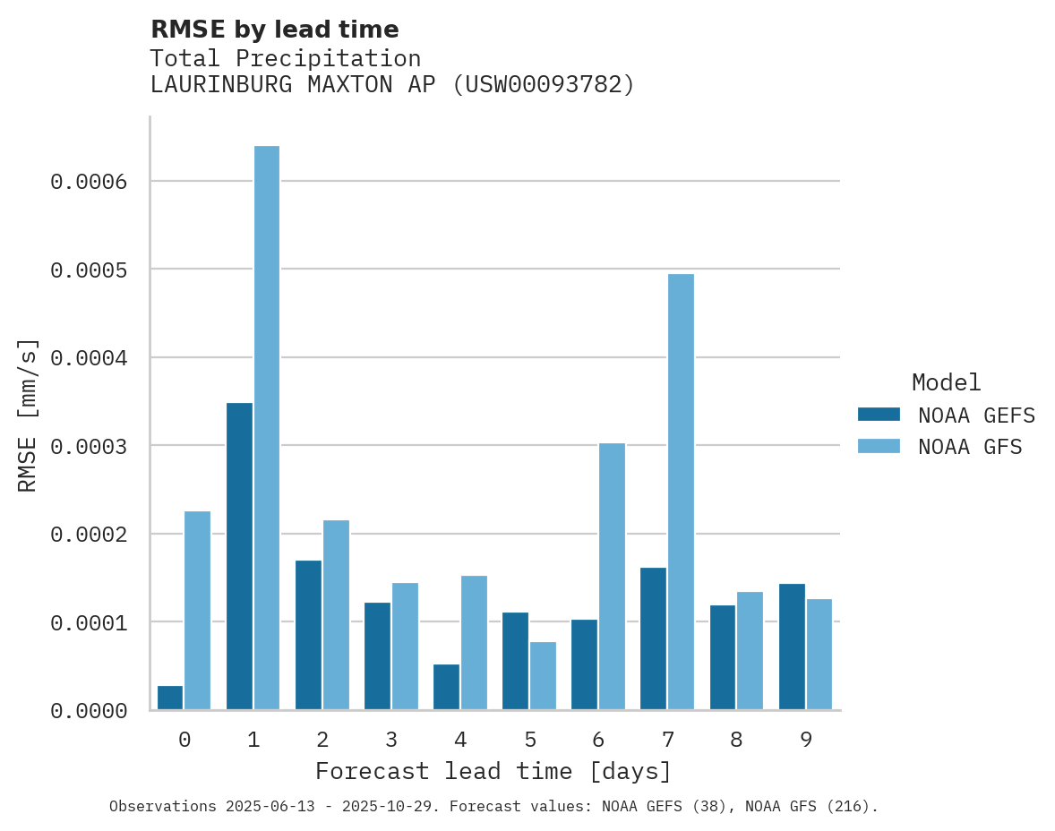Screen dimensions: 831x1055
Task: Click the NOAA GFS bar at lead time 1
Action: point(267,427)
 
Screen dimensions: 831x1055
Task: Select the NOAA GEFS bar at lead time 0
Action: point(170,698)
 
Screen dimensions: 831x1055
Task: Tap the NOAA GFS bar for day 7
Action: point(681,492)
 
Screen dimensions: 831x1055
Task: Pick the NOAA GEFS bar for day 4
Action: point(446,687)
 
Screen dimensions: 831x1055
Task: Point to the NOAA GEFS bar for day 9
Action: point(792,647)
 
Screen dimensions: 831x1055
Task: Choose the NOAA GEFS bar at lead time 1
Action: point(239,556)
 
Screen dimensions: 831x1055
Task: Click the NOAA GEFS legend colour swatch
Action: point(879,415)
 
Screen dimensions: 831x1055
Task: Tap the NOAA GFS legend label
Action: point(970,447)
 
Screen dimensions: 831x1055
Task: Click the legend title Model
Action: point(946,382)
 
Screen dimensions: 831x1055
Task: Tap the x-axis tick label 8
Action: point(736,740)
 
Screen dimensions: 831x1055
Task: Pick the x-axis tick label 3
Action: point(391,740)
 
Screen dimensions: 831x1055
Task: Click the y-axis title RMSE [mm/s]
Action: point(28,415)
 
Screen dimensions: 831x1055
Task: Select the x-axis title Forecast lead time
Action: point(493,771)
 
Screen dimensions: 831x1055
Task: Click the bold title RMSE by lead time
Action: point(274,30)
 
